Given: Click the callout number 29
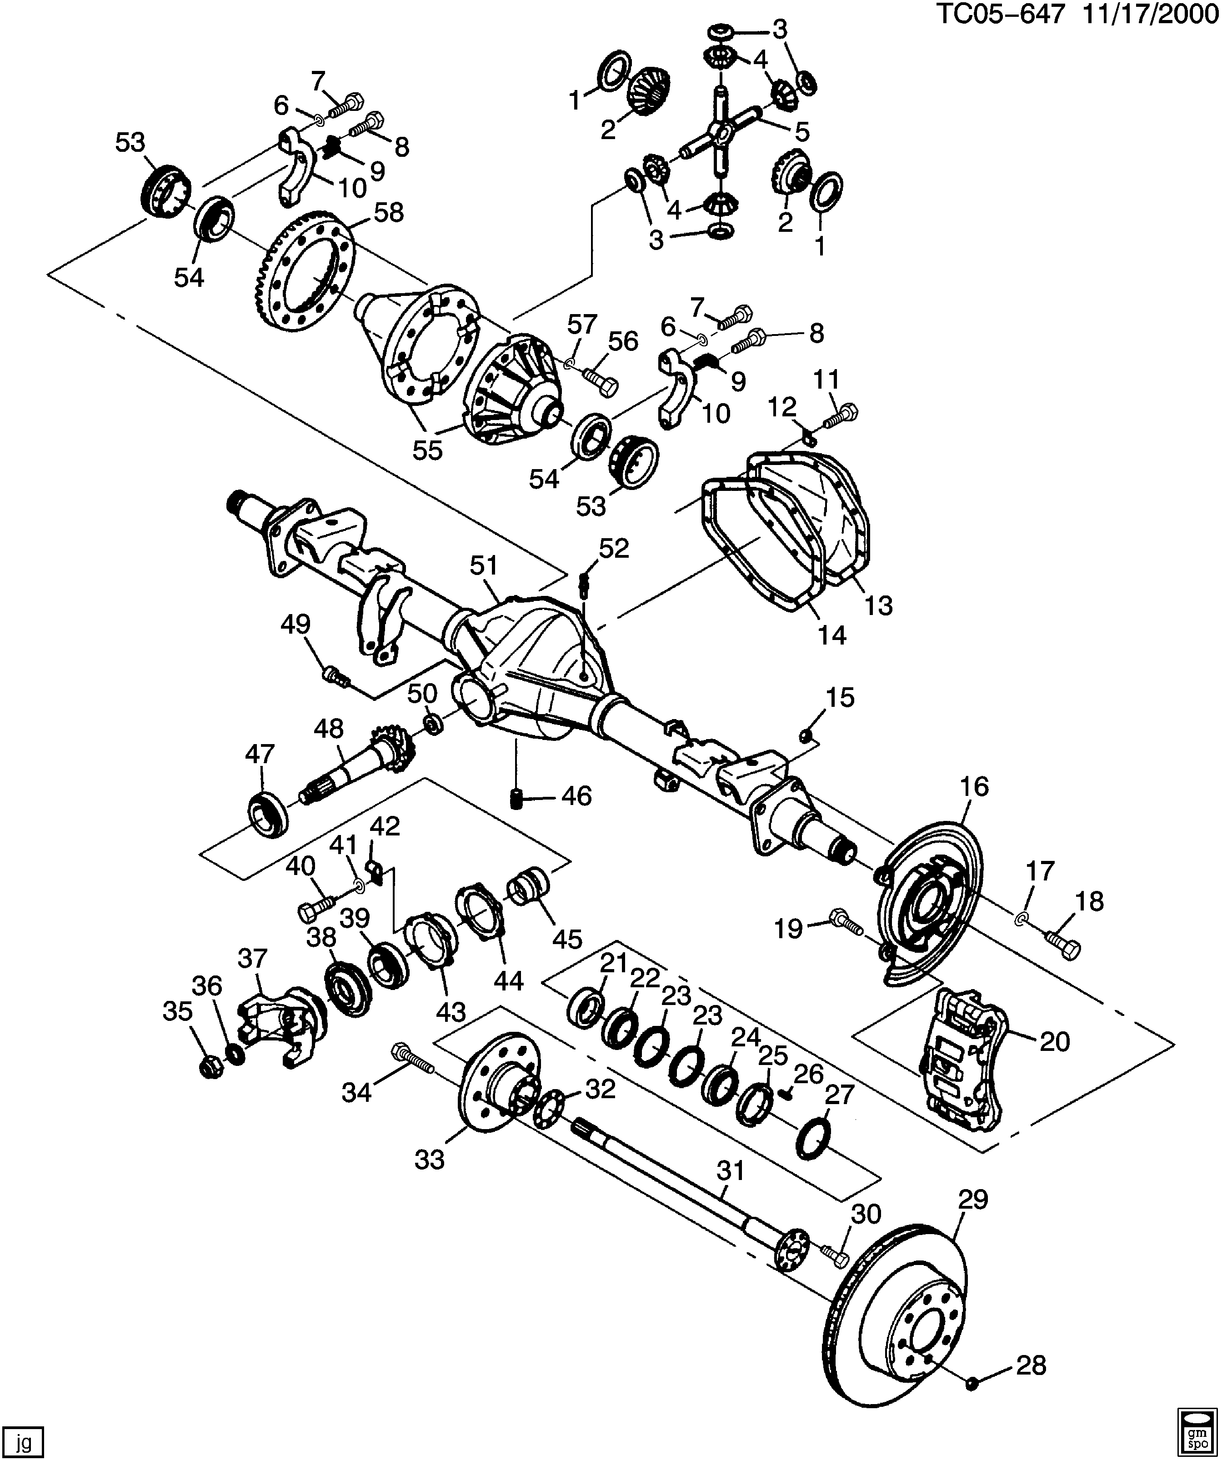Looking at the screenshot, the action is (x=973, y=1200).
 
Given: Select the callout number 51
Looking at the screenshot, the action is (x=484, y=565).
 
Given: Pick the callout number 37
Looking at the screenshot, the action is (x=252, y=959).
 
